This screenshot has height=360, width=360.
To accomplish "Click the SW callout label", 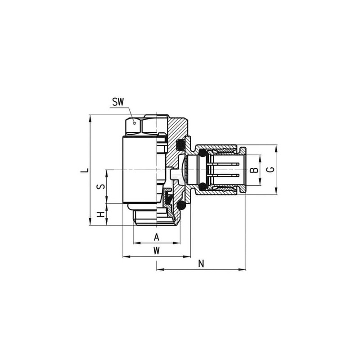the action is (x=118, y=102).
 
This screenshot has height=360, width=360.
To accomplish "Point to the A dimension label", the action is (x=156, y=237).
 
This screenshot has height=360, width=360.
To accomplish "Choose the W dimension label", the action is (x=157, y=251).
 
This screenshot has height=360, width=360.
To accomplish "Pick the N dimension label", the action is (x=201, y=264).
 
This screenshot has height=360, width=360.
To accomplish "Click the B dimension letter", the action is (x=254, y=170).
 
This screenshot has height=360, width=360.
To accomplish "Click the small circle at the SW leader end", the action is (x=135, y=123).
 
